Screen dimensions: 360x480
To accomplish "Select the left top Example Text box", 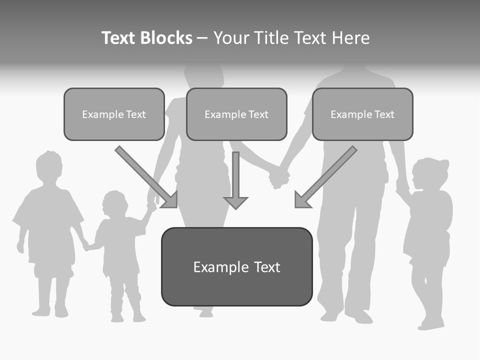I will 114,114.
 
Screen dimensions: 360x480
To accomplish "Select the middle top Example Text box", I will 236,114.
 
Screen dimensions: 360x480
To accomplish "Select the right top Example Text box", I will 362,114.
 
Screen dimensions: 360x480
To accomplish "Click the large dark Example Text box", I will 236,267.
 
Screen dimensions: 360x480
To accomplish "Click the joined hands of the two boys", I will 86,246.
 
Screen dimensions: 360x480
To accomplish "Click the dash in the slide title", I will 202,38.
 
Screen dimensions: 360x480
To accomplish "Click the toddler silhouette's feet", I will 127,317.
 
